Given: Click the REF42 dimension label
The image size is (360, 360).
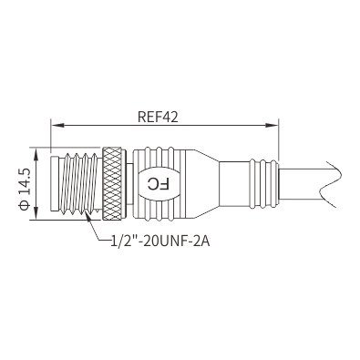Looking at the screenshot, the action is pos(158,117).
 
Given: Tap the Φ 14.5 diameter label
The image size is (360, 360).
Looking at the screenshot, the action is pos(25,189).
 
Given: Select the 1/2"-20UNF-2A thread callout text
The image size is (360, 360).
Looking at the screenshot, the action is pos(160,242).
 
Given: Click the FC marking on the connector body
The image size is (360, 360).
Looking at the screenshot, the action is pos(158,184).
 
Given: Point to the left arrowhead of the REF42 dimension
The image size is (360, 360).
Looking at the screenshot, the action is pos(57,125).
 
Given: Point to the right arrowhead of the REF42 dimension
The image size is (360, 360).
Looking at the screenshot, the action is pos(272,125).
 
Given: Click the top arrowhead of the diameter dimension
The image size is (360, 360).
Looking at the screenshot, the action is pos(36,155).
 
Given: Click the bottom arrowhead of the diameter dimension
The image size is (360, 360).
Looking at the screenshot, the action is pos(36,212).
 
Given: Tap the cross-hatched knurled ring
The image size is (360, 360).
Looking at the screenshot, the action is pos(112,184).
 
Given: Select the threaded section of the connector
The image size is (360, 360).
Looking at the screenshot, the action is pos(81,184).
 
